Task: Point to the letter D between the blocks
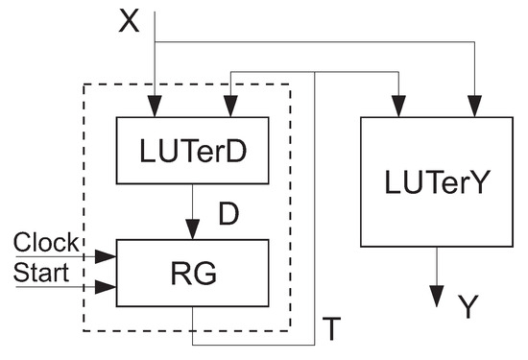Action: (228, 213)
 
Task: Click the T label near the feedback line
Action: (329, 329)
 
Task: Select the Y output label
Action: (468, 306)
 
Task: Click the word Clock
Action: (47, 243)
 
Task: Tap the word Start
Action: (41, 274)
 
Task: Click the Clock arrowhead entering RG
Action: (108, 256)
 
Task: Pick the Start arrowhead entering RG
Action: (108, 286)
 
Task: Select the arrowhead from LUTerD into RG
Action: (193, 229)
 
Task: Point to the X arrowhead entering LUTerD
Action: (155, 108)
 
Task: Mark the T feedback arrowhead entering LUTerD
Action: (229, 108)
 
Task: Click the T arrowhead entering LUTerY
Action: (398, 108)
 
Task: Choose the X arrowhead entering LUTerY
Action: (474, 108)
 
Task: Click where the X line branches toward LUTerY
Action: (155, 42)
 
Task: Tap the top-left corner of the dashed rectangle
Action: (84, 84)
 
